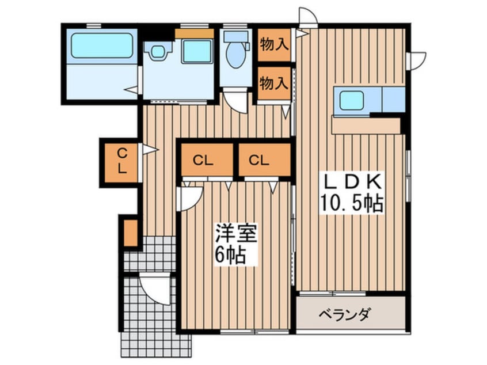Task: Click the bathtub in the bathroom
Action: click(x=101, y=45)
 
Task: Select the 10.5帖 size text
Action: click(x=352, y=203)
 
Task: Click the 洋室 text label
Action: click(x=234, y=234)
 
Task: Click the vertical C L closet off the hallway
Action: click(x=121, y=161)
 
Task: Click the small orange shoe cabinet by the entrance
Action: click(x=130, y=231)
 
